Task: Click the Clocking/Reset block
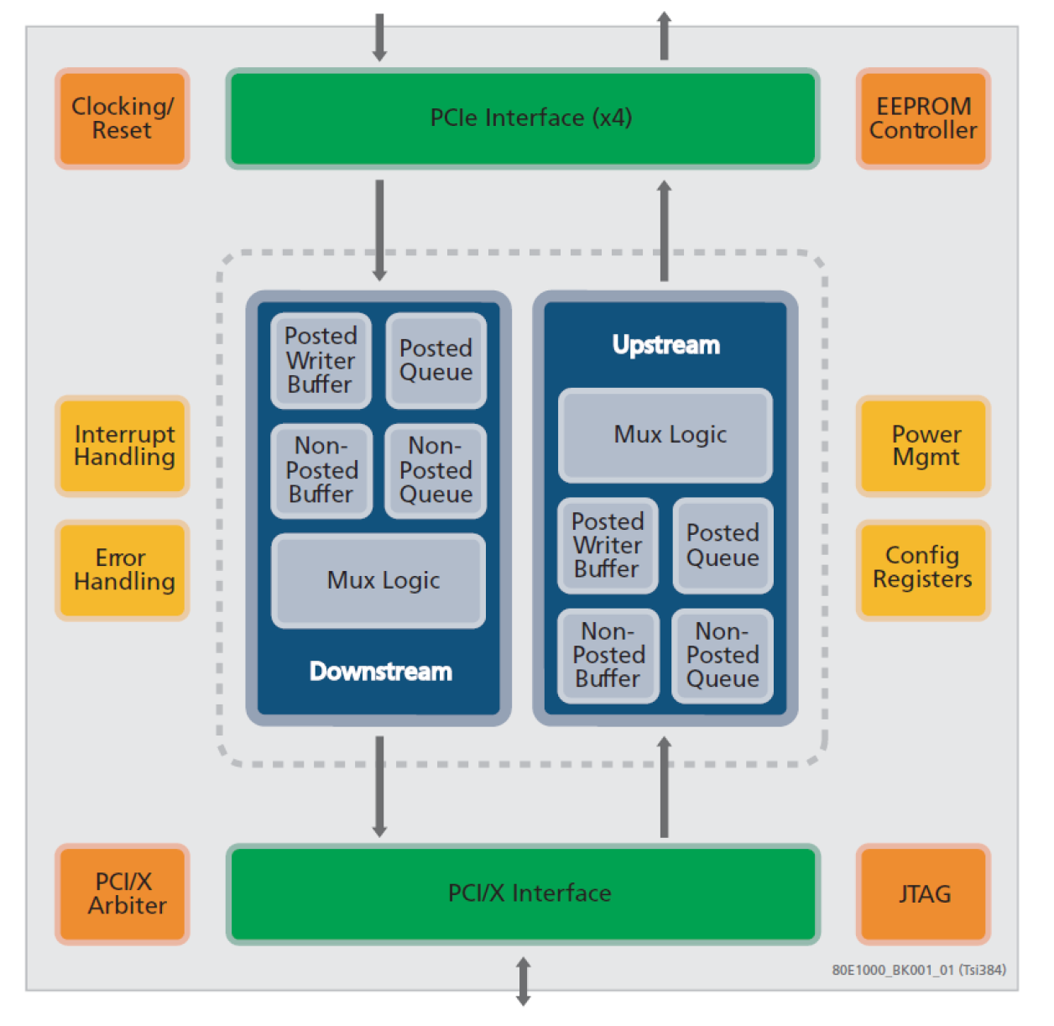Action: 123,118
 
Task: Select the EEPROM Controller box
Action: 923,118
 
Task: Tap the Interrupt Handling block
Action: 123,446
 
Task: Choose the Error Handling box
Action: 123,570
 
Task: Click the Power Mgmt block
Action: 923,446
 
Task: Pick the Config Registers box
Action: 923,568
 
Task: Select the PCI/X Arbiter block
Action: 123,893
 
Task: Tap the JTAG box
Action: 923,894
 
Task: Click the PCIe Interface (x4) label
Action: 530,118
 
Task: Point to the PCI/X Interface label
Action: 530,893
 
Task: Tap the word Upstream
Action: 665,345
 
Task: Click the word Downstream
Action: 380,672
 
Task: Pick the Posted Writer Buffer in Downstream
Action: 321,360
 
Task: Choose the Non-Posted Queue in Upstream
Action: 723,656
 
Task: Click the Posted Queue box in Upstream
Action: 723,546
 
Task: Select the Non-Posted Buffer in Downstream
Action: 321,470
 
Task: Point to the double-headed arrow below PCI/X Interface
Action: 523,982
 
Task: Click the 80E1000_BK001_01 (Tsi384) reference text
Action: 919,971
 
